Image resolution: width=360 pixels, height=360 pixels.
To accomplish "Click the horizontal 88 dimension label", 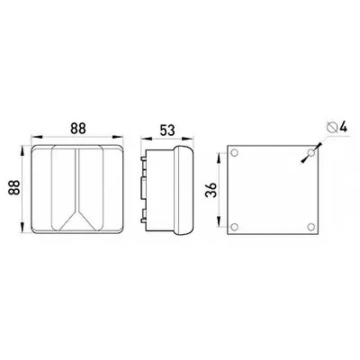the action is point(78,129).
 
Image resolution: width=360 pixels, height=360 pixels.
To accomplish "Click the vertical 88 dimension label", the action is point(14,188).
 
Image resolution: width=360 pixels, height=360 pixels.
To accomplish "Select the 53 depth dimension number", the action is point(167,130).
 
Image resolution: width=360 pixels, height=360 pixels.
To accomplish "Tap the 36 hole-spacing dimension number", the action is point(211,190).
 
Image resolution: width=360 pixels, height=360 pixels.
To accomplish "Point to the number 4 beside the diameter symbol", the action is point(343,127).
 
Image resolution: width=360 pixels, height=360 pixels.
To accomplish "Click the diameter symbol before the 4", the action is point(332,127).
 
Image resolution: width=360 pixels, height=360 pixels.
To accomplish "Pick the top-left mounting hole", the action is point(235,153).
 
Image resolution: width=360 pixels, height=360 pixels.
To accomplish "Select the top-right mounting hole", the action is point(311,153).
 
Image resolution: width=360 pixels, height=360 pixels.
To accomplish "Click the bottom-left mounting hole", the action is point(235,227).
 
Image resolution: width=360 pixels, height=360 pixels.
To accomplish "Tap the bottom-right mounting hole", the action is point(311,227).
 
